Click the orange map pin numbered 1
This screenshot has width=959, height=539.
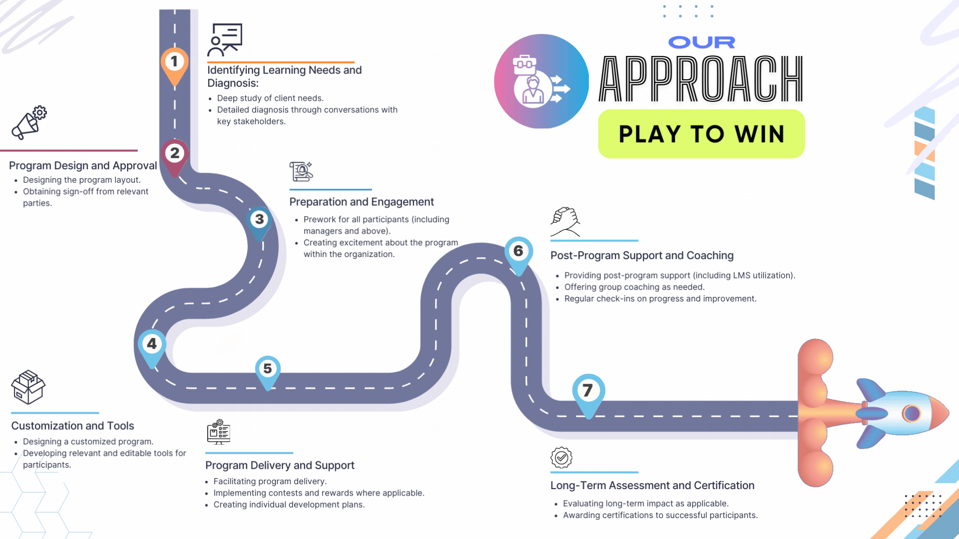(174, 63)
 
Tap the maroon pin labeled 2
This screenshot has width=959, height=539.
(174, 154)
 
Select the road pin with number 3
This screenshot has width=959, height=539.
(259, 220)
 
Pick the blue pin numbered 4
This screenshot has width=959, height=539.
(152, 344)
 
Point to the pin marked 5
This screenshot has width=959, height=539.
(268, 369)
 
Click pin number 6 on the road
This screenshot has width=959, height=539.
(518, 252)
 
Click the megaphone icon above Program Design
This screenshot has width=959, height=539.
(29, 122)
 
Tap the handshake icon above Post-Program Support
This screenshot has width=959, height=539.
(565, 221)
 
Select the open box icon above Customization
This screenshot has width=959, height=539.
(28, 387)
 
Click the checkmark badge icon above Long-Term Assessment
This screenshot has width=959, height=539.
(561, 457)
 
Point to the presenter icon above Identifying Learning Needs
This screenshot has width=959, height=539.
(225, 39)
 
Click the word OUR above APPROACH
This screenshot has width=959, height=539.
(701, 42)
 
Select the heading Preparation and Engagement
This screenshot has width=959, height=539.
(361, 202)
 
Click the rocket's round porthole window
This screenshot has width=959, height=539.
(911, 413)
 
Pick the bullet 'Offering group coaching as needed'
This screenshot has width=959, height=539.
(634, 287)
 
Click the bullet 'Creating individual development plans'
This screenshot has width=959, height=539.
(289, 505)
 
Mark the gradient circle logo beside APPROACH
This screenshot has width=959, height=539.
(541, 81)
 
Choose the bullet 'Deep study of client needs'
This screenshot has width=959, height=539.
(270, 98)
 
